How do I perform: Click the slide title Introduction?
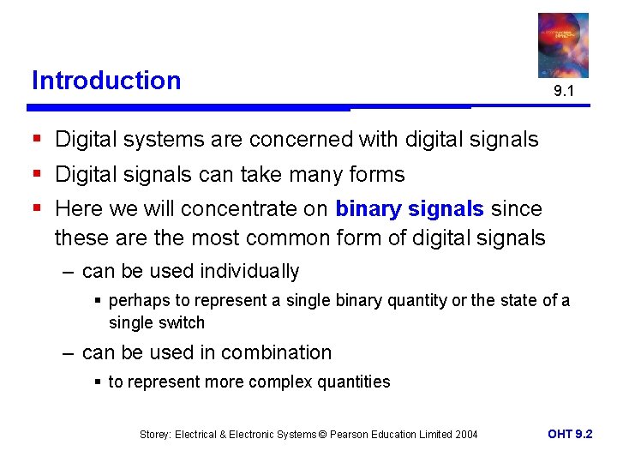tap(106, 81)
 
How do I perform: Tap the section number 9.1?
tap(563, 90)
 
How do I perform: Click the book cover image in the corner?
tap(563, 45)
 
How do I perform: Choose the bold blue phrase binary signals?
tap(410, 209)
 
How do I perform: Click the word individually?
tap(249, 272)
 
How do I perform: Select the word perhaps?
tap(135, 301)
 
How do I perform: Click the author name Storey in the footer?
tap(155, 435)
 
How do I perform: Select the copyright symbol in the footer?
tap(322, 435)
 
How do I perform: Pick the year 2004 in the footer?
tap(466, 435)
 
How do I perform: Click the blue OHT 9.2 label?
tap(570, 434)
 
